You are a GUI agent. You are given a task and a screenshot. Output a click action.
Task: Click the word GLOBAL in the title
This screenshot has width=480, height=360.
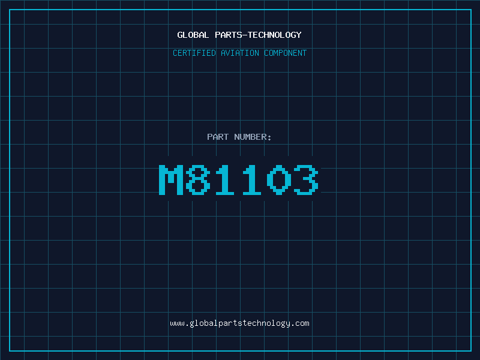193,35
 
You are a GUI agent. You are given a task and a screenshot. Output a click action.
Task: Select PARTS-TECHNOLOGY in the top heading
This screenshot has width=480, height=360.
258,35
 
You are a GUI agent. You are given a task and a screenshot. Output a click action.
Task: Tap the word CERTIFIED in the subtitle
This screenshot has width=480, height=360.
195,53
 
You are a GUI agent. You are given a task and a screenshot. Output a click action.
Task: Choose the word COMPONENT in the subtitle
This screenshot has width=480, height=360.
285,53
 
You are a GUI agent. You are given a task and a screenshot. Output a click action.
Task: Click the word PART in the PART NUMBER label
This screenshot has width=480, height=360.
218,137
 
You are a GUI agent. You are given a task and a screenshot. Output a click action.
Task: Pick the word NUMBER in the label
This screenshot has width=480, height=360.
250,137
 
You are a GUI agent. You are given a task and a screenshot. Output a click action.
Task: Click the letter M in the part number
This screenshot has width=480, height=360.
171,179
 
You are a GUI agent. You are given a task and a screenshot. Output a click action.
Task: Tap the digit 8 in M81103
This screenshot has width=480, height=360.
198,179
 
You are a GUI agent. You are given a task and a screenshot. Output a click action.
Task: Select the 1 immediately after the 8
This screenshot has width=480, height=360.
225,179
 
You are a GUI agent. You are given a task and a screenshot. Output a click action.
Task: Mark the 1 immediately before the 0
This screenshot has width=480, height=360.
252,179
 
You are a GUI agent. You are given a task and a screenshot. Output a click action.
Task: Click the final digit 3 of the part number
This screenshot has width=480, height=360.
305,179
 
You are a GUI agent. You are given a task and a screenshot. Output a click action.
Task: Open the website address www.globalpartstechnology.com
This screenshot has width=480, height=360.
239,323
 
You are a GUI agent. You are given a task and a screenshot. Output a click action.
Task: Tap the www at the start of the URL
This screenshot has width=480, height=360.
177,323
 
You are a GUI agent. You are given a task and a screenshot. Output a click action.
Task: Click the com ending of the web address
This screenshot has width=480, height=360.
302,323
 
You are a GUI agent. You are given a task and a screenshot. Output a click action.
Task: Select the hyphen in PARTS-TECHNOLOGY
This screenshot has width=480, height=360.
245,35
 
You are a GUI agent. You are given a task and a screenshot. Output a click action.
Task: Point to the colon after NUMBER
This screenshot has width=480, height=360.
270,137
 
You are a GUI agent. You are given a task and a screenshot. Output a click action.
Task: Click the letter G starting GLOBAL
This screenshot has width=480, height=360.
180,35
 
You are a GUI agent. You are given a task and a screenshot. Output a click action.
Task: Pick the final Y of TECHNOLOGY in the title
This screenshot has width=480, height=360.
299,35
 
